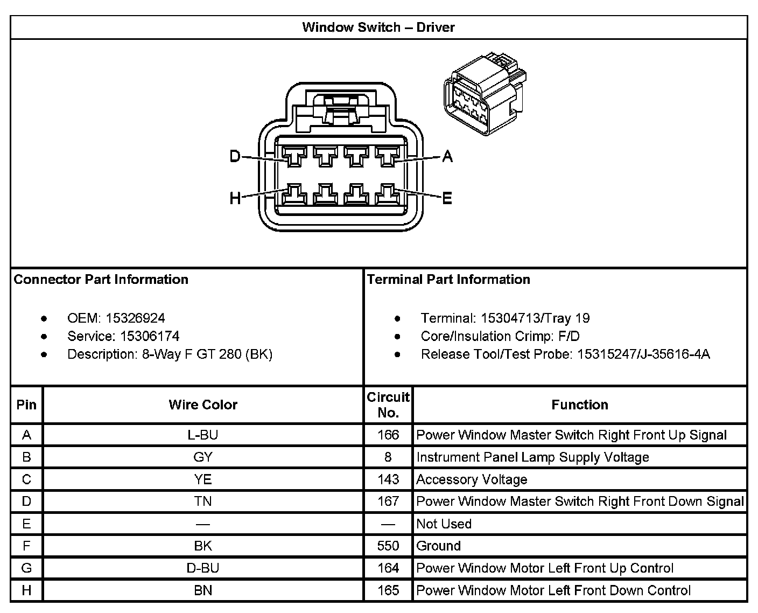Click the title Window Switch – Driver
(378, 27)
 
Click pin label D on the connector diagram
(235, 157)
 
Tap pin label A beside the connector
(447, 157)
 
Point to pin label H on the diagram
(235, 199)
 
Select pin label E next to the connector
(447, 199)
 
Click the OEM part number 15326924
(135, 318)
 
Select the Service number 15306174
(150, 336)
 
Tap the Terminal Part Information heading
(448, 279)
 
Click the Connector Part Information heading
(101, 279)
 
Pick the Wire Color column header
(203, 405)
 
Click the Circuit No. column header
(388, 405)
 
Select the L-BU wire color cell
(203, 435)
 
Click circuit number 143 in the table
(388, 479)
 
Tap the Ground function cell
(439, 546)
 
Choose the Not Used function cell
(444, 524)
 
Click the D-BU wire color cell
(203, 568)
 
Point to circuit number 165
(388, 590)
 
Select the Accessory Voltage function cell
(472, 479)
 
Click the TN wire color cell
(203, 501)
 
